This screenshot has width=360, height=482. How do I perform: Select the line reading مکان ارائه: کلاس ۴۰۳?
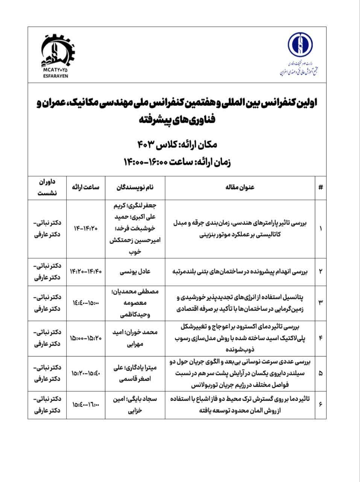[177, 143]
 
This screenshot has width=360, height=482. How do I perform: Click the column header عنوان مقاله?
[240, 187]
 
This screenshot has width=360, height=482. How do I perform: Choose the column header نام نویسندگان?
[134, 187]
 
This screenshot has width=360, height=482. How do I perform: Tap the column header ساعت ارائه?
[86, 187]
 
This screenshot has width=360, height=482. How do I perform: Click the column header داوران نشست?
[47, 187]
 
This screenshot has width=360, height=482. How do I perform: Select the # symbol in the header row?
[320, 187]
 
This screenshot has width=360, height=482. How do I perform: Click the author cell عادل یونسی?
[134, 272]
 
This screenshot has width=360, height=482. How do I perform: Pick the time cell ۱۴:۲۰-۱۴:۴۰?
[86, 272]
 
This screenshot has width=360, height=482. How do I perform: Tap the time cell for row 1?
[86, 229]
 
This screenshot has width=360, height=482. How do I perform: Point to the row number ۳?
[320, 303]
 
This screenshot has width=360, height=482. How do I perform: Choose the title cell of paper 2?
[240, 272]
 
